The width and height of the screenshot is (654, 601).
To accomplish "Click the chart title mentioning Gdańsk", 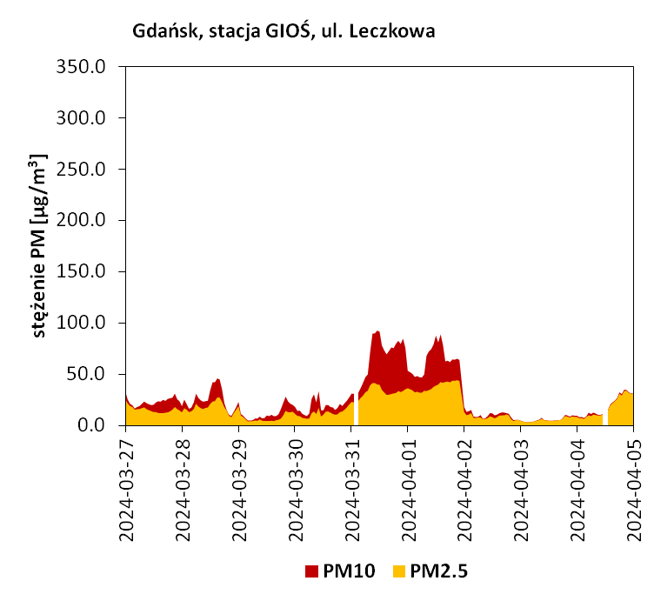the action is point(284,31).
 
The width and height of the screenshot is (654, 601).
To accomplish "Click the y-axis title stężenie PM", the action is point(39,245).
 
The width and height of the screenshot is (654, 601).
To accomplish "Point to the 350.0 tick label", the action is point(81,67).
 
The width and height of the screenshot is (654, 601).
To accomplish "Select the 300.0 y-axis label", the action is point(81,118).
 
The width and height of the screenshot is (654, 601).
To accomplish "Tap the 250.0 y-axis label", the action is point(81,170).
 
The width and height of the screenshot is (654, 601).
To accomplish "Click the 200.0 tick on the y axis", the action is point(81,221).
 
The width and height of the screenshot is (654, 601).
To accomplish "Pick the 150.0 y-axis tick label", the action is point(81,272).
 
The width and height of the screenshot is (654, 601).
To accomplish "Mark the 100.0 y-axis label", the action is point(81,324).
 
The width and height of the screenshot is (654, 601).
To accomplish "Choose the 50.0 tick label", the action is point(86,375).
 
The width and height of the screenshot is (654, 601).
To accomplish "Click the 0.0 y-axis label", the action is point(91,426).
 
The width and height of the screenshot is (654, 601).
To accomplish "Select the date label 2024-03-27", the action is point(126,489).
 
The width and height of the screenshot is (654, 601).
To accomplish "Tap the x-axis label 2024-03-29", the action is point(239,489).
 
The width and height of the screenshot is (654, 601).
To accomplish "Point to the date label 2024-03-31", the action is point(351,489).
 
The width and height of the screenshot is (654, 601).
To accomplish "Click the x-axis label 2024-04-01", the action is point(409,489).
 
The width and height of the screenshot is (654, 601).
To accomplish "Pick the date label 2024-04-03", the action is point(521,489).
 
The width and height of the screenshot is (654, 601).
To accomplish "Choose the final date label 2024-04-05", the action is point(634,489).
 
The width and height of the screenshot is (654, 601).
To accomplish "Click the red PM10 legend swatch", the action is point(311,571).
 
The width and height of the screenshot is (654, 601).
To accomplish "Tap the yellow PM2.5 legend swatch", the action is point(399,571).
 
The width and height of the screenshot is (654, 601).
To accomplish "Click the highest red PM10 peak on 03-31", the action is point(377,331).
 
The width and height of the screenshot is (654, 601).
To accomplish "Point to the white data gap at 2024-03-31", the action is point(357,409).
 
